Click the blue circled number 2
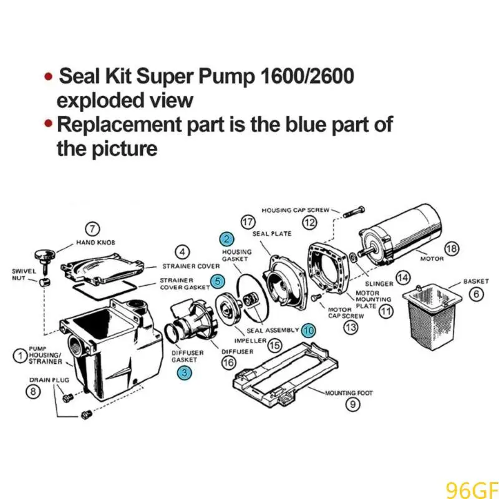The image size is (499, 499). pos(226,239)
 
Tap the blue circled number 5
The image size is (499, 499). pos(216,281)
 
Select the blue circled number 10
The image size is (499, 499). pos(308,330)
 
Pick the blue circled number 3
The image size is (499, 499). pos(184,373)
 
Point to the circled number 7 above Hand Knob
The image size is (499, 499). pos(92,229)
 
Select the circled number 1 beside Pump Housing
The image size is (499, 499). pos(21,356)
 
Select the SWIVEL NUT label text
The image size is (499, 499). pos(24,274)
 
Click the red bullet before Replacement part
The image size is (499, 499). pos(48,125)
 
